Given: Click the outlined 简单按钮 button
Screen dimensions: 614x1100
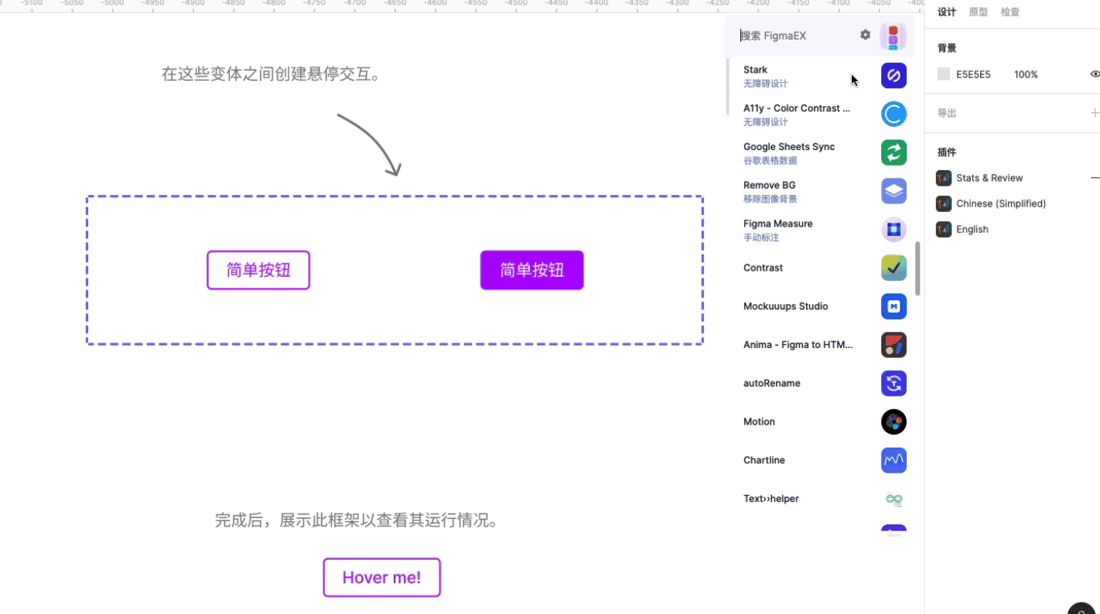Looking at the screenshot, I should coord(258,270).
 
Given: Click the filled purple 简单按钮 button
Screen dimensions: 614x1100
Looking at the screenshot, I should coord(531,270).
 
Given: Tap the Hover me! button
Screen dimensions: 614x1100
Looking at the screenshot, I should coord(381,578).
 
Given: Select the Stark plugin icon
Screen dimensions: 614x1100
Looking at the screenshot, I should coord(893,76).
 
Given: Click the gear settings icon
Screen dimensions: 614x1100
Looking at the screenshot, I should coord(865,35).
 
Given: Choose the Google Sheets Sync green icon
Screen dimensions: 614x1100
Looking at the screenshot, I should coord(893,152).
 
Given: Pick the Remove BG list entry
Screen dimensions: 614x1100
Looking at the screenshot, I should coord(770,190).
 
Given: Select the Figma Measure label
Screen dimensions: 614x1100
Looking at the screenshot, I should coord(777,223).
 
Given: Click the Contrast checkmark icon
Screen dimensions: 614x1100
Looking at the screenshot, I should coord(893,268).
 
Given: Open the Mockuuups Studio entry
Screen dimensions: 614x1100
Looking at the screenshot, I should coord(785,306).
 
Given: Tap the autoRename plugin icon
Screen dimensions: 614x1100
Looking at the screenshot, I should coord(893,383).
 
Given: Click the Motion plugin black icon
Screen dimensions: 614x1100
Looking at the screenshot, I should coord(893,421).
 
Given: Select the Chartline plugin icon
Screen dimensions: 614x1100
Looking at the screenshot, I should coord(893,460).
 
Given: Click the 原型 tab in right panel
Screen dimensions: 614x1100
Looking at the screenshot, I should coord(978,12).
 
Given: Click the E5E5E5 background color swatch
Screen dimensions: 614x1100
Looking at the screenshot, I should coord(944,74).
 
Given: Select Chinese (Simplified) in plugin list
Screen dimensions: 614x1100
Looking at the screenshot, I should coord(1000,203).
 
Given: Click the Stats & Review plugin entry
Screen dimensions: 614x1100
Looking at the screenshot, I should coord(989,178).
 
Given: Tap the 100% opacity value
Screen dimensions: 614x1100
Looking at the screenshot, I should coord(1026,75).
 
